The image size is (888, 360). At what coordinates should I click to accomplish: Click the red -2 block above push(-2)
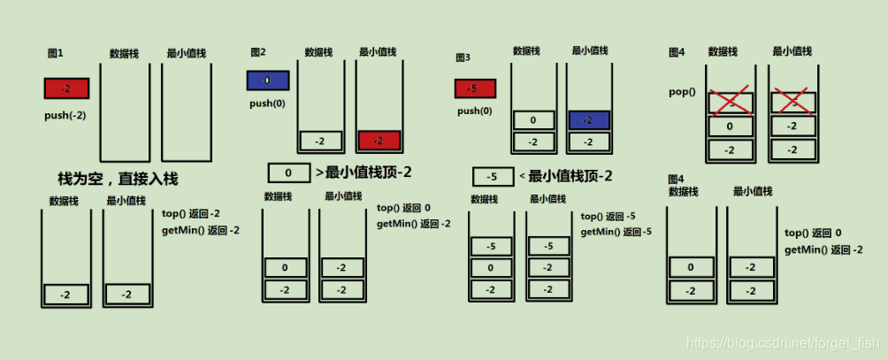coord(65,88)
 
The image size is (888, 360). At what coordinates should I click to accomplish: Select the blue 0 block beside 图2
coord(267,80)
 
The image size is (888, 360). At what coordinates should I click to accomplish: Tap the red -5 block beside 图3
coord(475,88)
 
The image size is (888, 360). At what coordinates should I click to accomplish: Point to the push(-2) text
coord(65,116)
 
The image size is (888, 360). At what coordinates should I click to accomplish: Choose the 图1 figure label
coord(55,53)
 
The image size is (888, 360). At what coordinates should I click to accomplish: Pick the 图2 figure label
coord(258,53)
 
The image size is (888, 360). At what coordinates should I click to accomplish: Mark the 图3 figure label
coord(463,57)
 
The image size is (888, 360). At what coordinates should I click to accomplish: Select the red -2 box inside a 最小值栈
coord(379,141)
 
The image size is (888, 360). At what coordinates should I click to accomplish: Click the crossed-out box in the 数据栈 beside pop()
coord(730,103)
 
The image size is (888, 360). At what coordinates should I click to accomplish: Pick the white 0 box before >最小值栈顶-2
coord(289,172)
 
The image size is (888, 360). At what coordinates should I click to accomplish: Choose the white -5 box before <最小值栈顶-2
coord(494,177)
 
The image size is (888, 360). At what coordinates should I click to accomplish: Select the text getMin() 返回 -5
coord(616,232)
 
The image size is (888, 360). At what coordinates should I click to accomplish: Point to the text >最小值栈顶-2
coord(364,172)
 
